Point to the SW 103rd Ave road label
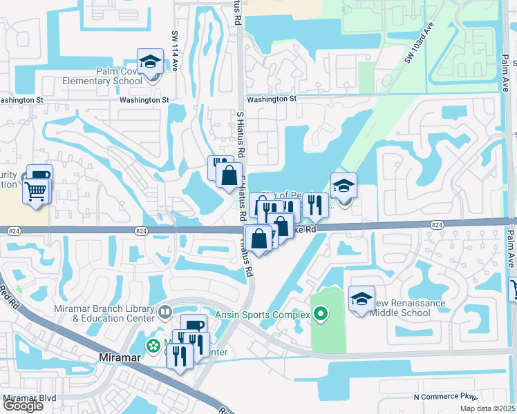418,44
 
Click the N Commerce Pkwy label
445,397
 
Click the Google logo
23,406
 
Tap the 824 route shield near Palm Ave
437,225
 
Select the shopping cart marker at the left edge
36,190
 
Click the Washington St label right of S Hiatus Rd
271,99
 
